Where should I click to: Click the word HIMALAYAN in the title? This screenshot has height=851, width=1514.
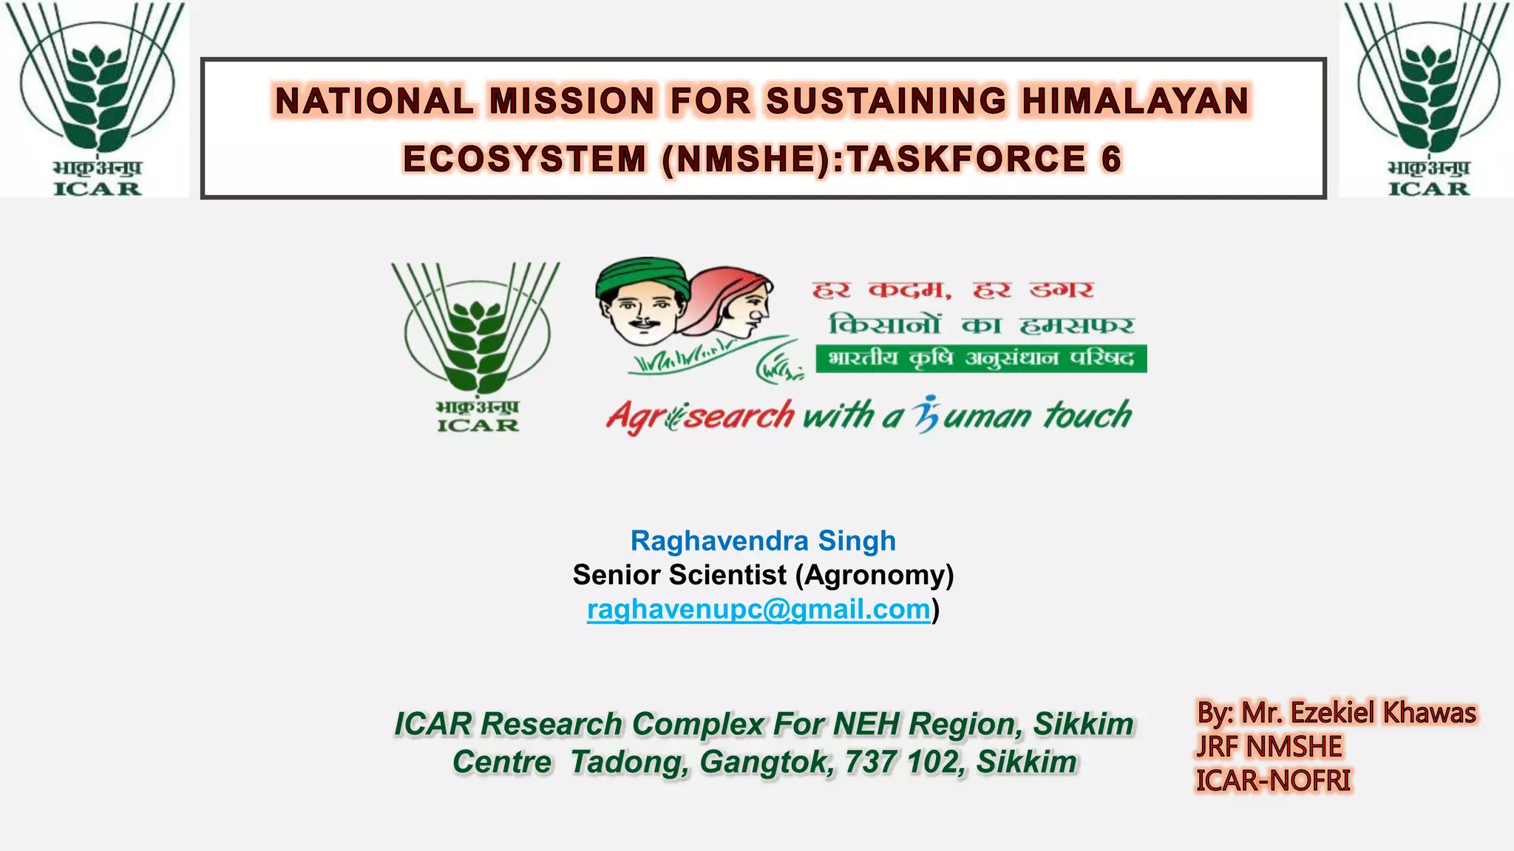click(x=1135, y=101)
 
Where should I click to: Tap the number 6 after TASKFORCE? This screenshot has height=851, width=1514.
click(x=1111, y=160)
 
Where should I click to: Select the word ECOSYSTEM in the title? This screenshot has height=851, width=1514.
click(x=525, y=160)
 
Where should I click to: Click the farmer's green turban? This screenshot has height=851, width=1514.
click(x=641, y=276)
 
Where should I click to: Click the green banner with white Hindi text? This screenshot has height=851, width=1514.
click(x=981, y=359)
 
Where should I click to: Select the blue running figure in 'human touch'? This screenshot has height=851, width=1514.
click(x=926, y=414)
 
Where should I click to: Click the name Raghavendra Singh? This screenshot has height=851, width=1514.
click(x=763, y=541)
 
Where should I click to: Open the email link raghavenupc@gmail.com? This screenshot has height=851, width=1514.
click(x=758, y=609)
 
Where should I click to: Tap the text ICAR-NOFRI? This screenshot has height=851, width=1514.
click(x=1273, y=781)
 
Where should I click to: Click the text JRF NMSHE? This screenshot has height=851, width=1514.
click(x=1269, y=747)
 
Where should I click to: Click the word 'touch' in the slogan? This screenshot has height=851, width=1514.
click(x=1087, y=415)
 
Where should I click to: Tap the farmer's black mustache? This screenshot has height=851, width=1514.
click(x=645, y=323)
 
